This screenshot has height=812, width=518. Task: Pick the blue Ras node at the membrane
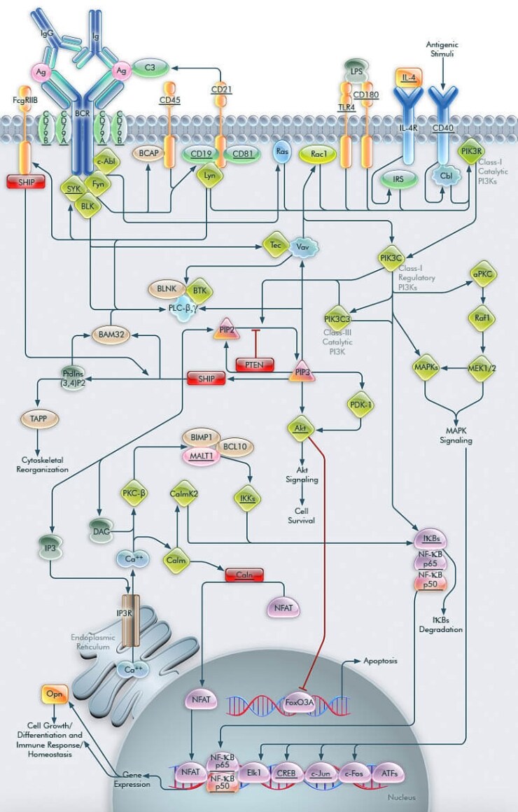[282, 152]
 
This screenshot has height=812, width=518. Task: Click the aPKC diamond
[482, 276]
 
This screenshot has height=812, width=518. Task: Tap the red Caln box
[244, 574]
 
